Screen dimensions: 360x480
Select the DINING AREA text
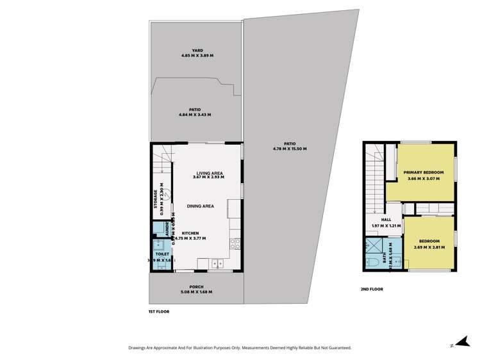pos(200,206)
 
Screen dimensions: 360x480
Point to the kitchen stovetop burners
pos(235,243)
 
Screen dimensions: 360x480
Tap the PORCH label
pos(196,286)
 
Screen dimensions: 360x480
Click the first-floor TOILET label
pos(162,254)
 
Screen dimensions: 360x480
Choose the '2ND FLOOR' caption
pos(371,289)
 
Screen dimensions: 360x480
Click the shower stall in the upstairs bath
pos(374,246)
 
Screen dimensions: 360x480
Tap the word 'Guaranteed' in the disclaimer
pos(336,348)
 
